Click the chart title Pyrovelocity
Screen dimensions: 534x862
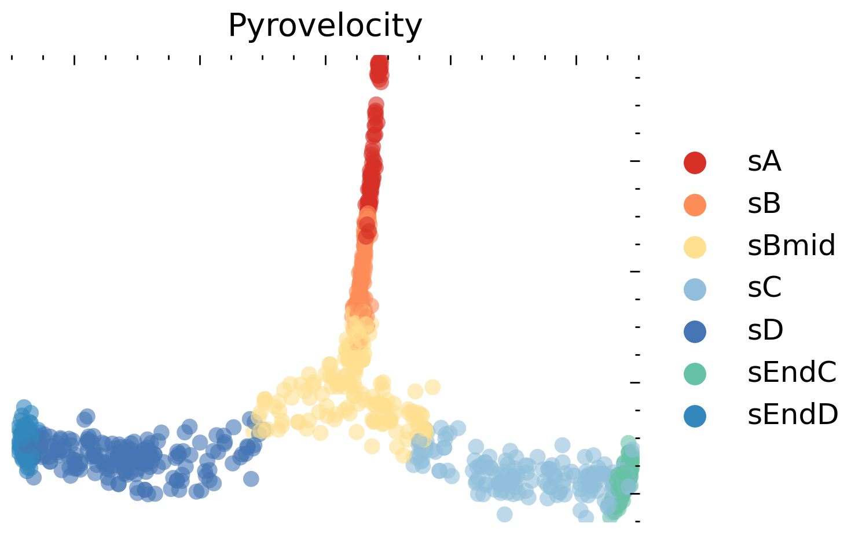pyautogui.click(x=325, y=26)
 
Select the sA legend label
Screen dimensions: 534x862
pyautogui.click(x=764, y=162)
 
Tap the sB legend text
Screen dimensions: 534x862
pyautogui.click(x=764, y=204)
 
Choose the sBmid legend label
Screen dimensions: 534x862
pyautogui.click(x=791, y=246)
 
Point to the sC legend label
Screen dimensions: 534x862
pyautogui.click(x=764, y=288)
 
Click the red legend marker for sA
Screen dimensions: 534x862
pyautogui.click(x=695, y=162)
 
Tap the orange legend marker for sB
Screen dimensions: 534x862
pyautogui.click(x=695, y=204)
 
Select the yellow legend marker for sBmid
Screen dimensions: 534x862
pyautogui.click(x=695, y=246)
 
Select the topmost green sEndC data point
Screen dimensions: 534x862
pyautogui.click(x=628, y=443)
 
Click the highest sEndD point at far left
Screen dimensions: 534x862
pyautogui.click(x=24, y=407)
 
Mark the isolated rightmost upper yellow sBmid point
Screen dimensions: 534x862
pyautogui.click(x=432, y=386)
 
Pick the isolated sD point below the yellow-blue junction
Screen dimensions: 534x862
pyautogui.click(x=251, y=478)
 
